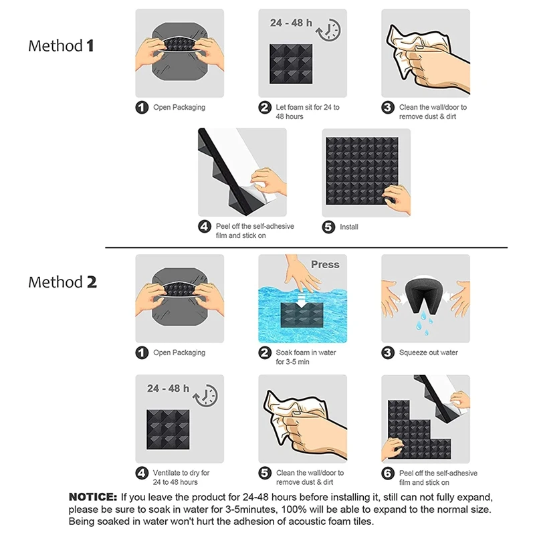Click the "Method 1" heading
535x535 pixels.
pyautogui.click(x=61, y=45)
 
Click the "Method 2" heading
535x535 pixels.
pyautogui.click(x=62, y=282)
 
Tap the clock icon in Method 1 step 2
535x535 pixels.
pyautogui.click(x=328, y=30)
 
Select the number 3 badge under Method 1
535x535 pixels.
pyautogui.click(x=388, y=108)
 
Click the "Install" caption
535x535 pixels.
pyautogui.click(x=348, y=227)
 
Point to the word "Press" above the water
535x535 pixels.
pyautogui.click(x=325, y=264)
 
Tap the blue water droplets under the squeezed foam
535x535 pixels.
pyautogui.click(x=424, y=322)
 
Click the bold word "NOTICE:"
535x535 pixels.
pyautogui.click(x=93, y=497)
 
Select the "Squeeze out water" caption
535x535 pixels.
pyautogui.click(x=428, y=353)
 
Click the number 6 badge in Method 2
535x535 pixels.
pyautogui.click(x=388, y=473)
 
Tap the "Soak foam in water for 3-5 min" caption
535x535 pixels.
pyautogui.click(x=306, y=357)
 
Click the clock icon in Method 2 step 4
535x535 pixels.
pyautogui.click(x=205, y=396)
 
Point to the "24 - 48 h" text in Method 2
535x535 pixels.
pyautogui.click(x=168, y=389)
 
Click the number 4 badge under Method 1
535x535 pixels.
pyautogui.click(x=205, y=226)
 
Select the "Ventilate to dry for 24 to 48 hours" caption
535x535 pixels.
pyautogui.click(x=181, y=477)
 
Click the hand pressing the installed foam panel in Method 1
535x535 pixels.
pyautogui.click(x=397, y=199)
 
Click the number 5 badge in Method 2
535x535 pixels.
pyautogui.click(x=265, y=473)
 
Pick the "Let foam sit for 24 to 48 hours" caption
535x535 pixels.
pyautogui.click(x=308, y=112)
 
